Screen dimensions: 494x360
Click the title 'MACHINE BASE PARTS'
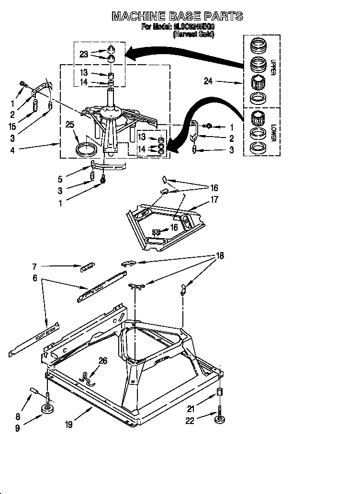177,17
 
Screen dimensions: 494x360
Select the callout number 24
208,81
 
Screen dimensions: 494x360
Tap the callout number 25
70,125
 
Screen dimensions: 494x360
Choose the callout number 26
102,361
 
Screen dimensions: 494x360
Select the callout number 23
84,54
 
